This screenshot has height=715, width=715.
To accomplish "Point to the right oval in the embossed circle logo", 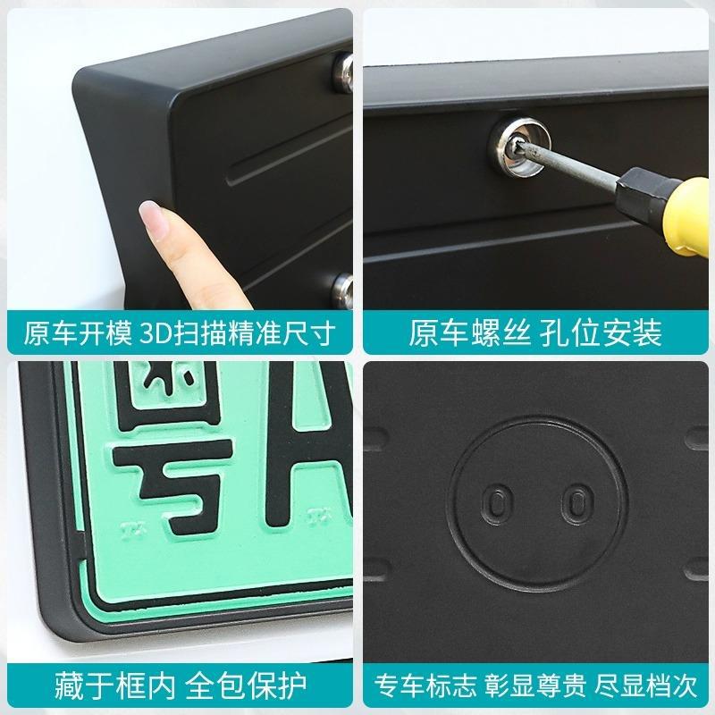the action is coord(577,505).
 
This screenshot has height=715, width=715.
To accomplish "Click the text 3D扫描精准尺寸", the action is coord(238,333).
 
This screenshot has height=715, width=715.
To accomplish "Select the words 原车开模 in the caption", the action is coord(78,333).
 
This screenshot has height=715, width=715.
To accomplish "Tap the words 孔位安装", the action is coord(601,333).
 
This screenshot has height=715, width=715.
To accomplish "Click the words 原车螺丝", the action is coord(470,333).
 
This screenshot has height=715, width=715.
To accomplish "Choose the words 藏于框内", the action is coord(115,686).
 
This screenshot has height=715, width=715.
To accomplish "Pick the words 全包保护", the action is coord(246,686).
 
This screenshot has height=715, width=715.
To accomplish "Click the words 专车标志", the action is coord(425,686).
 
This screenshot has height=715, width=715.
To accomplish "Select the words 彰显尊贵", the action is coord(534,686).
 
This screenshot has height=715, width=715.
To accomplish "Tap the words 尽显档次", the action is coord(645,686).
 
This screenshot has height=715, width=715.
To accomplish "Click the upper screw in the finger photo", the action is coord(343,72).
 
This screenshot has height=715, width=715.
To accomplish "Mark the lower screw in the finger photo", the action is coord(343,291).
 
